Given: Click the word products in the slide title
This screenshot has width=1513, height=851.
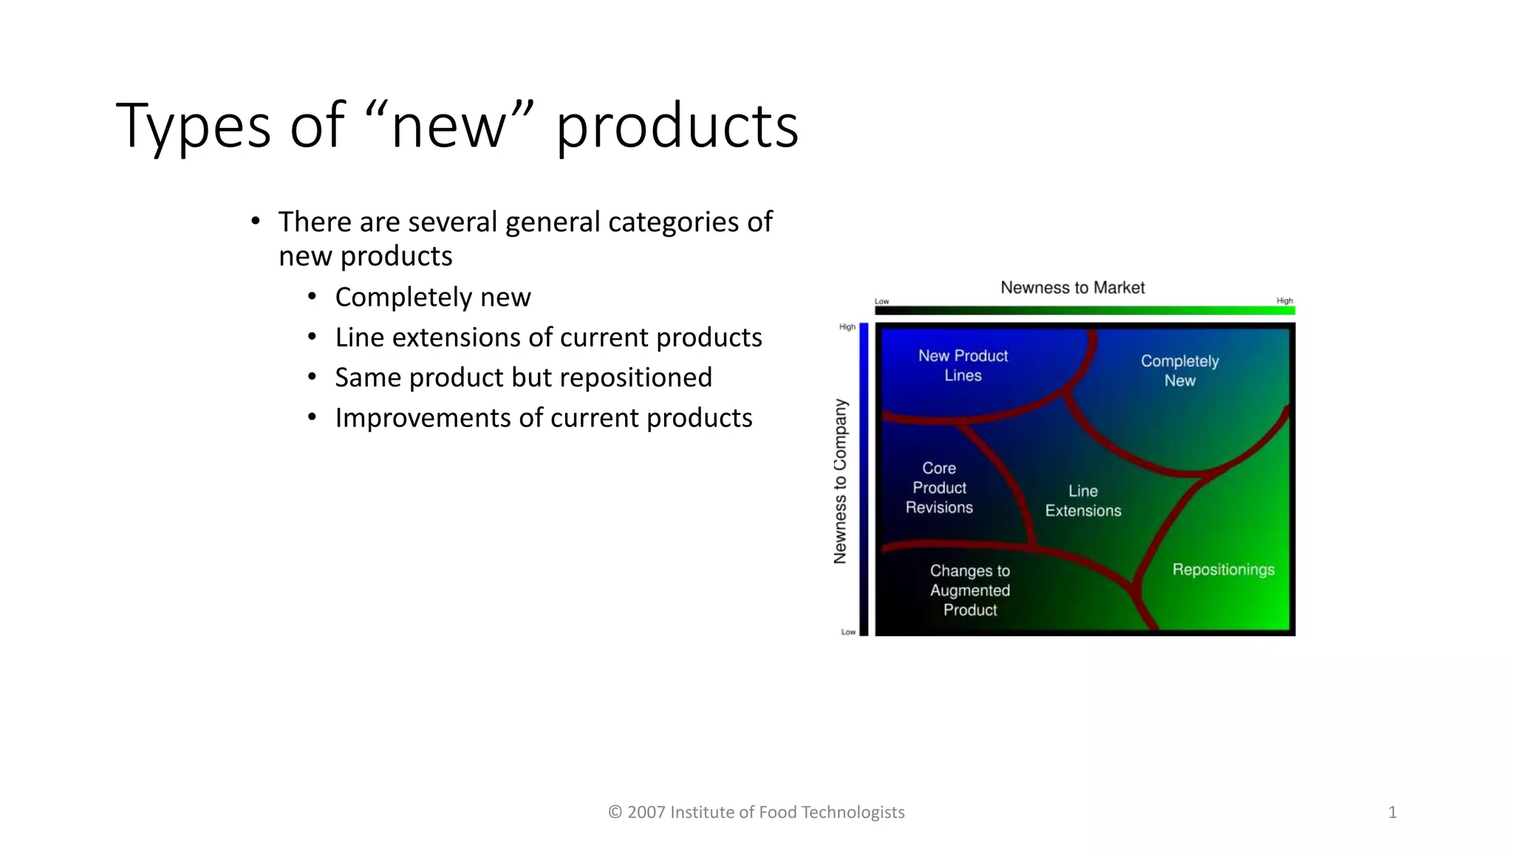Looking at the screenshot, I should click(x=677, y=127).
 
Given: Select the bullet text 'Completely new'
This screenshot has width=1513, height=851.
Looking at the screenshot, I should click(x=433, y=297).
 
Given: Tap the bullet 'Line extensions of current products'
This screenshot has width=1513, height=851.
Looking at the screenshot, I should click(x=548, y=338).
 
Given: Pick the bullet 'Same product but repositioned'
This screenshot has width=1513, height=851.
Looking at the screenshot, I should click(x=523, y=377).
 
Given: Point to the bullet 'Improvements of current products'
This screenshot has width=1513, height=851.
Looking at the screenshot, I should click(x=544, y=418).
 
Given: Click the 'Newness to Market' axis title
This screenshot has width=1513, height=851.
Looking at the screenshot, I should click(x=1072, y=287).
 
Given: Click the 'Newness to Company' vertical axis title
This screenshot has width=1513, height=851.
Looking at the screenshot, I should click(x=840, y=482).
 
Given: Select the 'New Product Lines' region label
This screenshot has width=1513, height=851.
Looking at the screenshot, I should click(x=963, y=366).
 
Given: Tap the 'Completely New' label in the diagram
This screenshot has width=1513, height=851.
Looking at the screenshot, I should click(x=1180, y=371).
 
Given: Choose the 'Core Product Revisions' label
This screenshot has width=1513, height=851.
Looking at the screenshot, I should click(x=939, y=488).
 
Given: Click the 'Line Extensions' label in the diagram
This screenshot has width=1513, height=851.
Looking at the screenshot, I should click(x=1083, y=501).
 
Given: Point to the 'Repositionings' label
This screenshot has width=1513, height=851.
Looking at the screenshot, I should click(x=1223, y=570).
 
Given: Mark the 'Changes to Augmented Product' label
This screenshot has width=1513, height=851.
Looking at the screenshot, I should click(x=970, y=590).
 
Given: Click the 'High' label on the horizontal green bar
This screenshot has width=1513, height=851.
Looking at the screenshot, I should click(x=1284, y=301).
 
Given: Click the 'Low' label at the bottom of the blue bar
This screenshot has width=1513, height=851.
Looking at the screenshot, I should click(x=848, y=632).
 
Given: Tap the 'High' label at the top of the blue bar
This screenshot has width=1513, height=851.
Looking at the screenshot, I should click(x=847, y=327).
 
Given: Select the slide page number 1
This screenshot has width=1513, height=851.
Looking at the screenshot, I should click(x=1392, y=813).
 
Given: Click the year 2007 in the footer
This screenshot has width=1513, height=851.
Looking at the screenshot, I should click(x=646, y=813).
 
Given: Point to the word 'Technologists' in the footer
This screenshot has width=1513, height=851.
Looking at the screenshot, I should click(x=853, y=813).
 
